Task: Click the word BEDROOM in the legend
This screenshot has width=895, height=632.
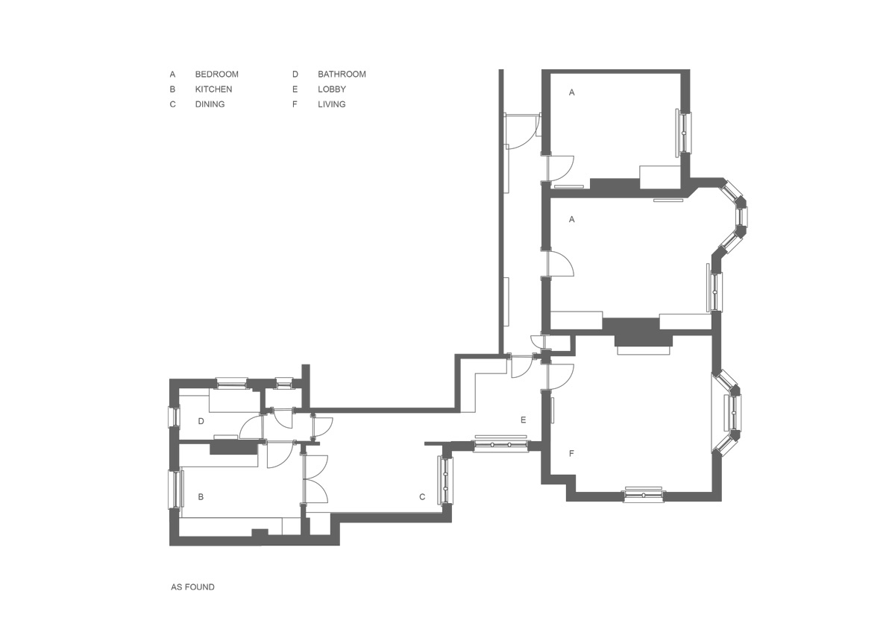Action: [x=216, y=75]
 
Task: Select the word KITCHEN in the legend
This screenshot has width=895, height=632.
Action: [x=213, y=89]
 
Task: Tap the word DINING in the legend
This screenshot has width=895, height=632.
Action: [x=210, y=104]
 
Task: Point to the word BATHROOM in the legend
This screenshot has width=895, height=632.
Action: [x=342, y=75]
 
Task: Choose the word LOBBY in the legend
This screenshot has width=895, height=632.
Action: [x=332, y=89]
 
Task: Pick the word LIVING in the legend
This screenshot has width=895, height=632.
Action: [x=332, y=104]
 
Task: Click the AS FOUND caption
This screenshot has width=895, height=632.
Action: [x=192, y=587]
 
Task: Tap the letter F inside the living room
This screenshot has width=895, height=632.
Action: [x=571, y=453]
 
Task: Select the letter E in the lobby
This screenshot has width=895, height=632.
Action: [x=523, y=420]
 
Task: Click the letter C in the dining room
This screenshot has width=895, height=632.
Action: [x=422, y=496]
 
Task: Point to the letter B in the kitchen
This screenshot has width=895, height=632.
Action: [x=201, y=496]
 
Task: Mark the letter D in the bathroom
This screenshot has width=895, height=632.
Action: [x=201, y=421]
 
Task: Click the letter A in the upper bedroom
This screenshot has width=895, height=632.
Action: [x=572, y=92]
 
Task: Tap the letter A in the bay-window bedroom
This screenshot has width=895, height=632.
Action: [x=572, y=220]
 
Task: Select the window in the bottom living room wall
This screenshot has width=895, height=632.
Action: [x=644, y=494]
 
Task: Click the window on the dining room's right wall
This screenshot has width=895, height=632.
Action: [x=445, y=480]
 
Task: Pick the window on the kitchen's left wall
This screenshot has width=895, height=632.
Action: [x=176, y=490]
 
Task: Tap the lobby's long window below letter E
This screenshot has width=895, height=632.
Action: [x=501, y=444]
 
